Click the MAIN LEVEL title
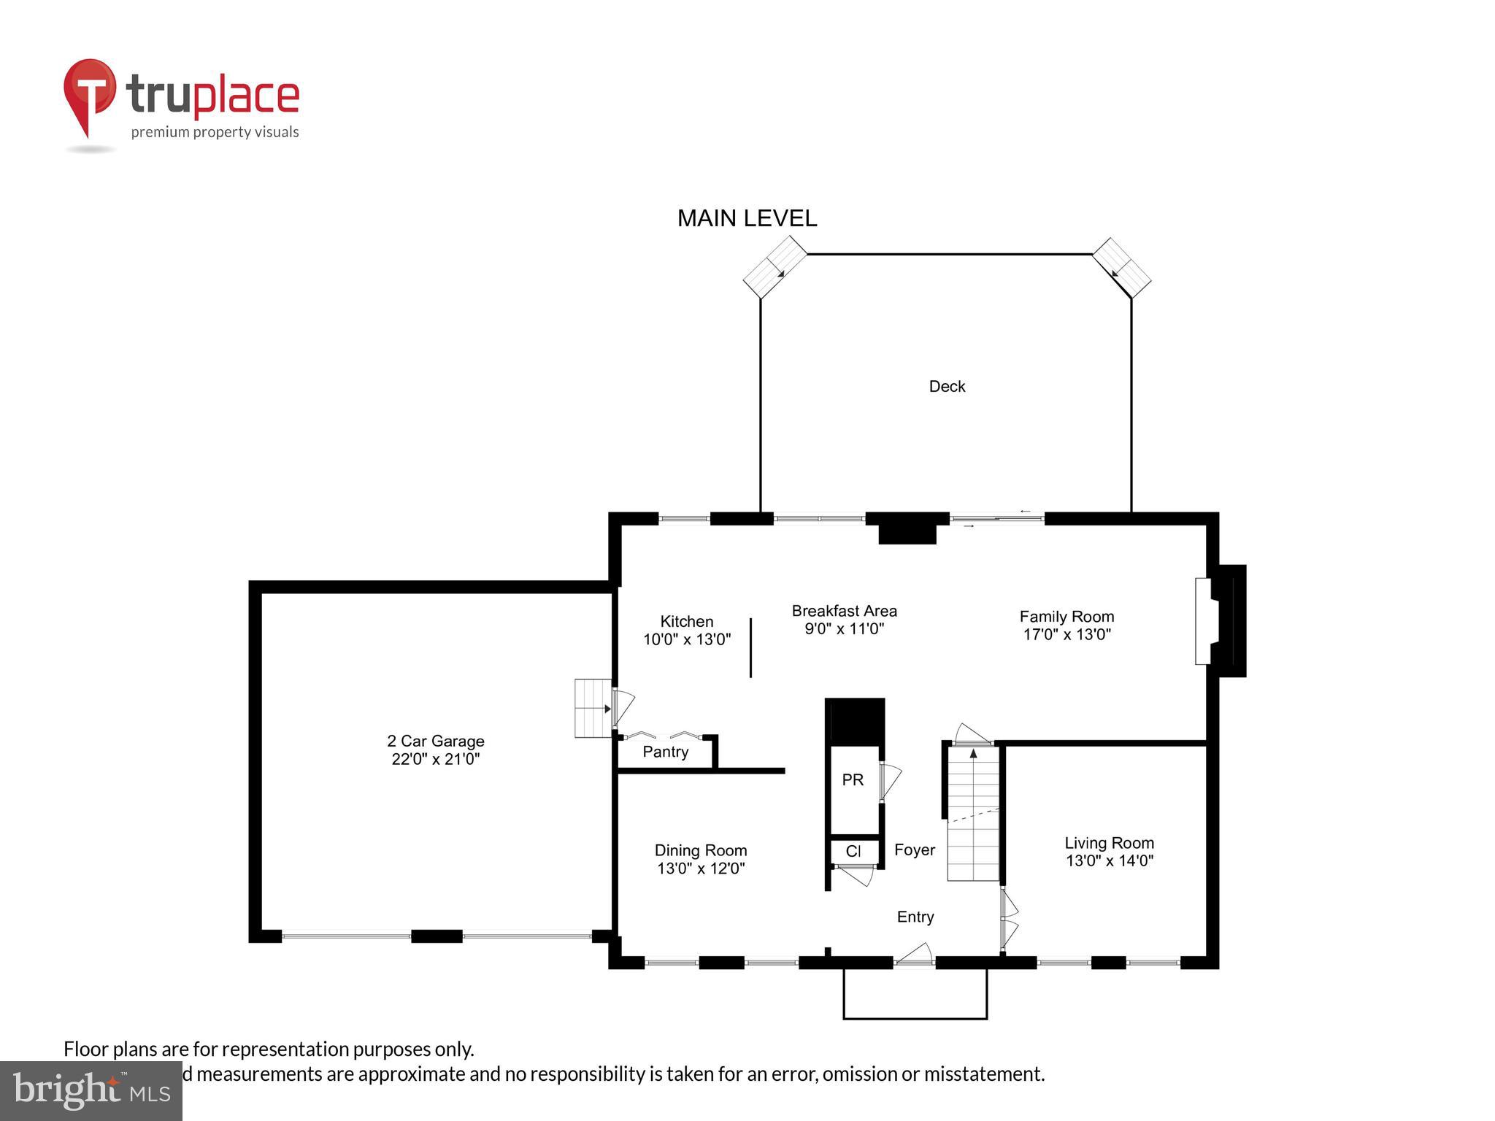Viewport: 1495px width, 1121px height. tap(747, 218)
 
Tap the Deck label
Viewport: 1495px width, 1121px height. tap(947, 387)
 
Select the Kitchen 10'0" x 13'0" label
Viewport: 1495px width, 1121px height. tap(686, 631)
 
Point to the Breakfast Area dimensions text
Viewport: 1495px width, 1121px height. tap(845, 628)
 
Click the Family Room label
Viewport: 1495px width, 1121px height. tap(1067, 617)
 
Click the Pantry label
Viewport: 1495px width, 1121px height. tap(665, 752)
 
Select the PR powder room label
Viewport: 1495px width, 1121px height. tap(853, 780)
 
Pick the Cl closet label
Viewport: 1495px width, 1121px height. tap(853, 851)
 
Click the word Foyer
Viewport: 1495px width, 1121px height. tap(914, 850)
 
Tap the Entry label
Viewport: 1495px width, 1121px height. tap(915, 917)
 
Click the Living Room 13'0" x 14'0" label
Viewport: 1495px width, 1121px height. tap(1109, 852)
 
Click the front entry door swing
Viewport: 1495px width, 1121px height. tap(915, 955)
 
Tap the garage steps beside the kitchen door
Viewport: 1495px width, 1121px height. tap(592, 708)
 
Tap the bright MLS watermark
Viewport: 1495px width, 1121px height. tap(91, 1090)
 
